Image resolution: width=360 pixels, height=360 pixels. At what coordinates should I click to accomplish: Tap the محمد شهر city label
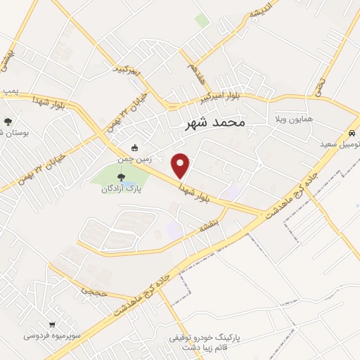click(x=214, y=123)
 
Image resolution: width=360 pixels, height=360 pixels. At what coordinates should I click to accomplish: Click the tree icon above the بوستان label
click(x=8, y=121)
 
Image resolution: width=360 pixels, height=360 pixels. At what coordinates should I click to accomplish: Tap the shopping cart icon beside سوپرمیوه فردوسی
click(x=84, y=336)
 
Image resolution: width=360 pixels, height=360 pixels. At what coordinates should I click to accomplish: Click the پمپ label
click(x=8, y=92)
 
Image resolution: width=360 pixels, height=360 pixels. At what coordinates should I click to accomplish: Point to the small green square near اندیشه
click(x=202, y=21)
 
